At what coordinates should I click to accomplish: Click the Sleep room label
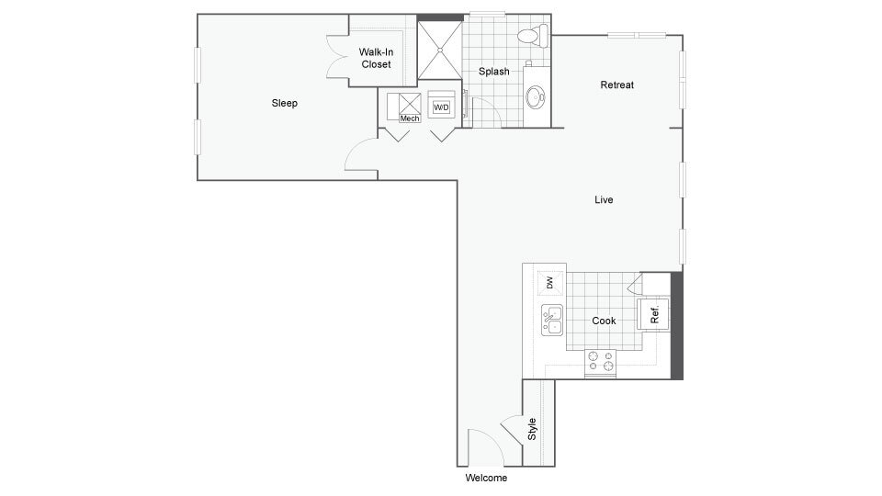pyautogui.click(x=284, y=103)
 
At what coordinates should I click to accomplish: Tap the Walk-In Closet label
pyautogui.click(x=376, y=59)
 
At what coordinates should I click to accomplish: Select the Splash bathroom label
pyautogui.click(x=493, y=72)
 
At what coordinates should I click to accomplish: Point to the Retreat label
pyautogui.click(x=616, y=85)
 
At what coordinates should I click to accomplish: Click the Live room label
pyautogui.click(x=604, y=199)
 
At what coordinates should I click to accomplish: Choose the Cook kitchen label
pyautogui.click(x=604, y=321)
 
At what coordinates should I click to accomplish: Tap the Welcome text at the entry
pyautogui.click(x=486, y=478)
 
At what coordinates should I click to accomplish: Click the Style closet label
pyautogui.click(x=532, y=429)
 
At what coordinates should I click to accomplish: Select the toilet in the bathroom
pyautogui.click(x=532, y=37)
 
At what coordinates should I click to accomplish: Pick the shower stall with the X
pyautogui.click(x=439, y=51)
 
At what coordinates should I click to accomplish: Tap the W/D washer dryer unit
pyautogui.click(x=442, y=106)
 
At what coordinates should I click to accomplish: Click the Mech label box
pyautogui.click(x=410, y=118)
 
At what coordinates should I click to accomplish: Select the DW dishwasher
pyautogui.click(x=550, y=283)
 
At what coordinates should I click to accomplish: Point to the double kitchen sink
pyautogui.click(x=551, y=321)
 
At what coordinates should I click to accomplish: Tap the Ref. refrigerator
pyautogui.click(x=653, y=314)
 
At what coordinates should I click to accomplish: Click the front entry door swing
pyautogui.click(x=484, y=447)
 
